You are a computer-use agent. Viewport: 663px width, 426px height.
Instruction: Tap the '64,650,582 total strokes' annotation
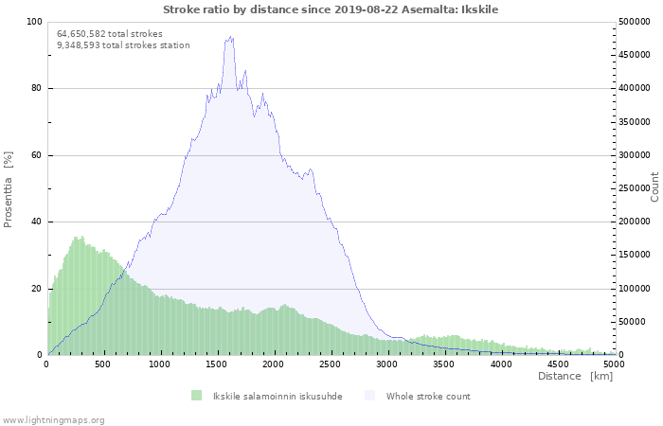pyautogui.click(x=110, y=33)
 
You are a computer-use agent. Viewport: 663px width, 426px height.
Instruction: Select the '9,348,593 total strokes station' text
pyautogui.click(x=123, y=44)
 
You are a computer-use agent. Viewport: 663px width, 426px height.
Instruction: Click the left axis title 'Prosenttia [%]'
pyautogui.click(x=9, y=189)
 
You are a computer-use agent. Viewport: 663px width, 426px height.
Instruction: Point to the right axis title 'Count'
pyautogui.click(x=654, y=186)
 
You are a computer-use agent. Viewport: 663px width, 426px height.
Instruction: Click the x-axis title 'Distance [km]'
pyautogui.click(x=575, y=376)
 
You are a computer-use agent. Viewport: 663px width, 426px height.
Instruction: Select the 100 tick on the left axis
pyautogui.click(x=34, y=22)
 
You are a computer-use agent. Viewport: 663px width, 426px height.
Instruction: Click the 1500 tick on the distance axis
pyautogui.click(x=217, y=364)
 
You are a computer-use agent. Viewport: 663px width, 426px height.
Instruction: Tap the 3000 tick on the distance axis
pyautogui.click(x=387, y=364)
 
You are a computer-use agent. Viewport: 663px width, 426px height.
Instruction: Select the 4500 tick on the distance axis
pyautogui.click(x=558, y=364)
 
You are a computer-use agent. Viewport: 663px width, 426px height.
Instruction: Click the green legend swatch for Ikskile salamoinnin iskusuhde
pyautogui.click(x=197, y=396)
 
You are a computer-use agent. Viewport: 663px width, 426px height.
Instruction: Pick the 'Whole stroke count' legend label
pyautogui.click(x=427, y=396)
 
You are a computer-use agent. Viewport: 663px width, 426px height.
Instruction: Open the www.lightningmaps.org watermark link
pyautogui.click(x=53, y=419)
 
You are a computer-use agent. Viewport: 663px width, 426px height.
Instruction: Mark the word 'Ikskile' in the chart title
pyautogui.click(x=479, y=9)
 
